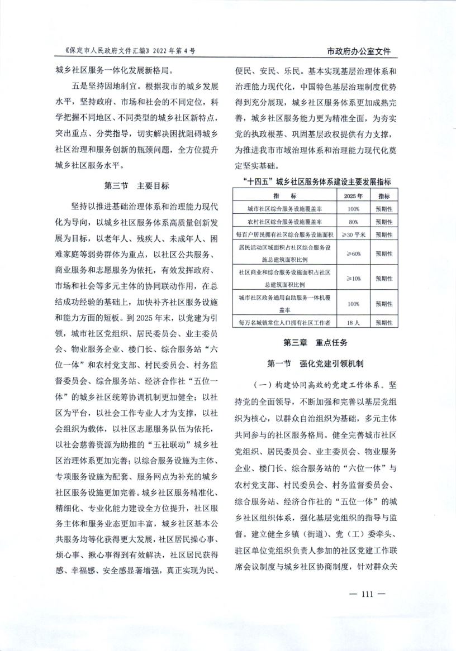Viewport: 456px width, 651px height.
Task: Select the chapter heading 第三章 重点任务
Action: tap(315, 342)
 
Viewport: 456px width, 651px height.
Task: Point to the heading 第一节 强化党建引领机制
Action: tap(315, 364)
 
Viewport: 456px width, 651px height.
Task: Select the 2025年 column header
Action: tap(353, 197)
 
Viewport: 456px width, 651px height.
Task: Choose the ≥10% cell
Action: tap(353, 278)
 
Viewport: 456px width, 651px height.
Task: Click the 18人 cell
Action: tap(353, 322)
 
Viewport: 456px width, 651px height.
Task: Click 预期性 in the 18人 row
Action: tap(384, 322)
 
